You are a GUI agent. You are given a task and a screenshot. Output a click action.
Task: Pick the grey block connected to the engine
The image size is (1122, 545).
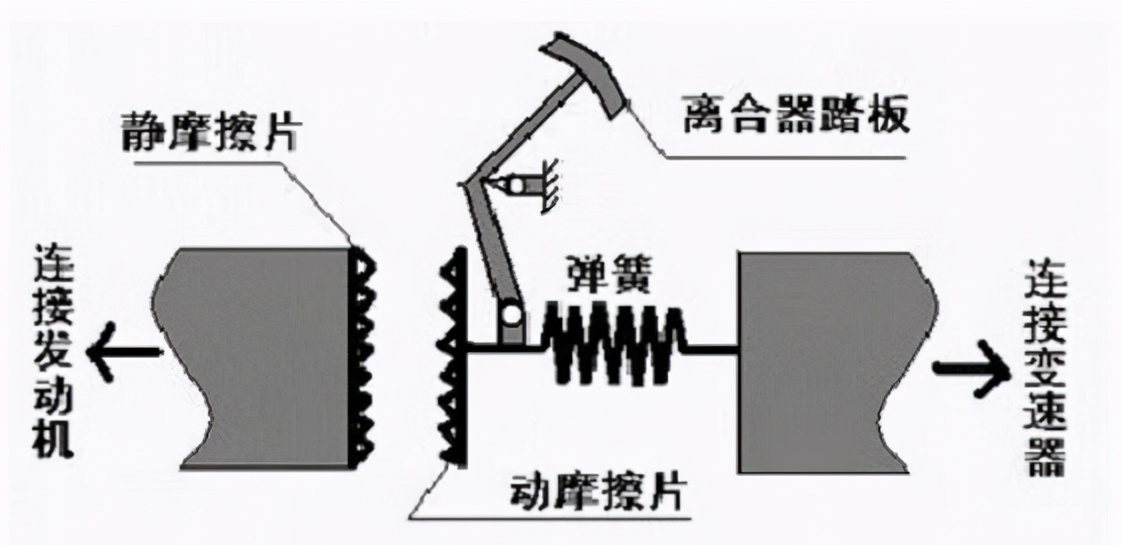(x=254, y=358)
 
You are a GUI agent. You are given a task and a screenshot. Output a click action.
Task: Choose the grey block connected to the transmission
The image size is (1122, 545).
(x=834, y=362)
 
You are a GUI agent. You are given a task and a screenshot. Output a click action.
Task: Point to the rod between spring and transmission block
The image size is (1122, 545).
(x=712, y=348)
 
